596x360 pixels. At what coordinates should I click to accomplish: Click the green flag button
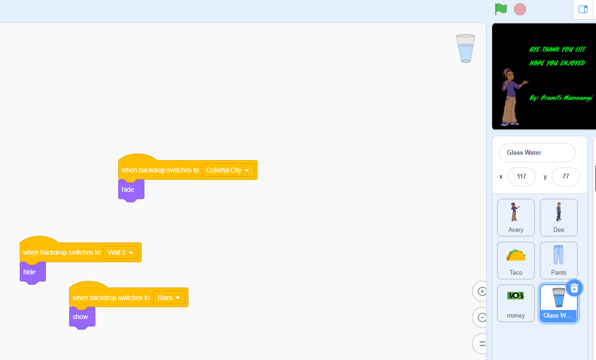(501, 9)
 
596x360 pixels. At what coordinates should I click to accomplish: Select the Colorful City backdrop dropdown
(228, 170)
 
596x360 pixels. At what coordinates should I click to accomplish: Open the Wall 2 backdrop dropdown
(121, 252)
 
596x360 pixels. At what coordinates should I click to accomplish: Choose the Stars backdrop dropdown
(169, 298)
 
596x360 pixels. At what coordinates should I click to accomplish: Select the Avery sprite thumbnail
(515, 218)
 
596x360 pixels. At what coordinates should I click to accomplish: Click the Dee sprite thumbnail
(558, 218)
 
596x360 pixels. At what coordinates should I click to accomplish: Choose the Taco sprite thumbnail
(515, 260)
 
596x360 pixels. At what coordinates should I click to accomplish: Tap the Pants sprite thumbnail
(558, 260)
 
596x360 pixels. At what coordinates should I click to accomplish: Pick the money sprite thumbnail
(515, 303)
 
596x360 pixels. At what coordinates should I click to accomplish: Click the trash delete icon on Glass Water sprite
(574, 288)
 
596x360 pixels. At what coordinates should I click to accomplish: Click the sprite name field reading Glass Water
(537, 152)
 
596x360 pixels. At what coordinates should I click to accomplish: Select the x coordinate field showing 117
(522, 177)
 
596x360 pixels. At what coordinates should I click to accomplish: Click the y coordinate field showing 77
(566, 177)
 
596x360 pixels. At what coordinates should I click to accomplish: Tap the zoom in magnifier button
(481, 291)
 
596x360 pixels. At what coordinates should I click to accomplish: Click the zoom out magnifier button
(481, 318)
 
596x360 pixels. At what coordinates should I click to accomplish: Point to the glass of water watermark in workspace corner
(465, 49)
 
